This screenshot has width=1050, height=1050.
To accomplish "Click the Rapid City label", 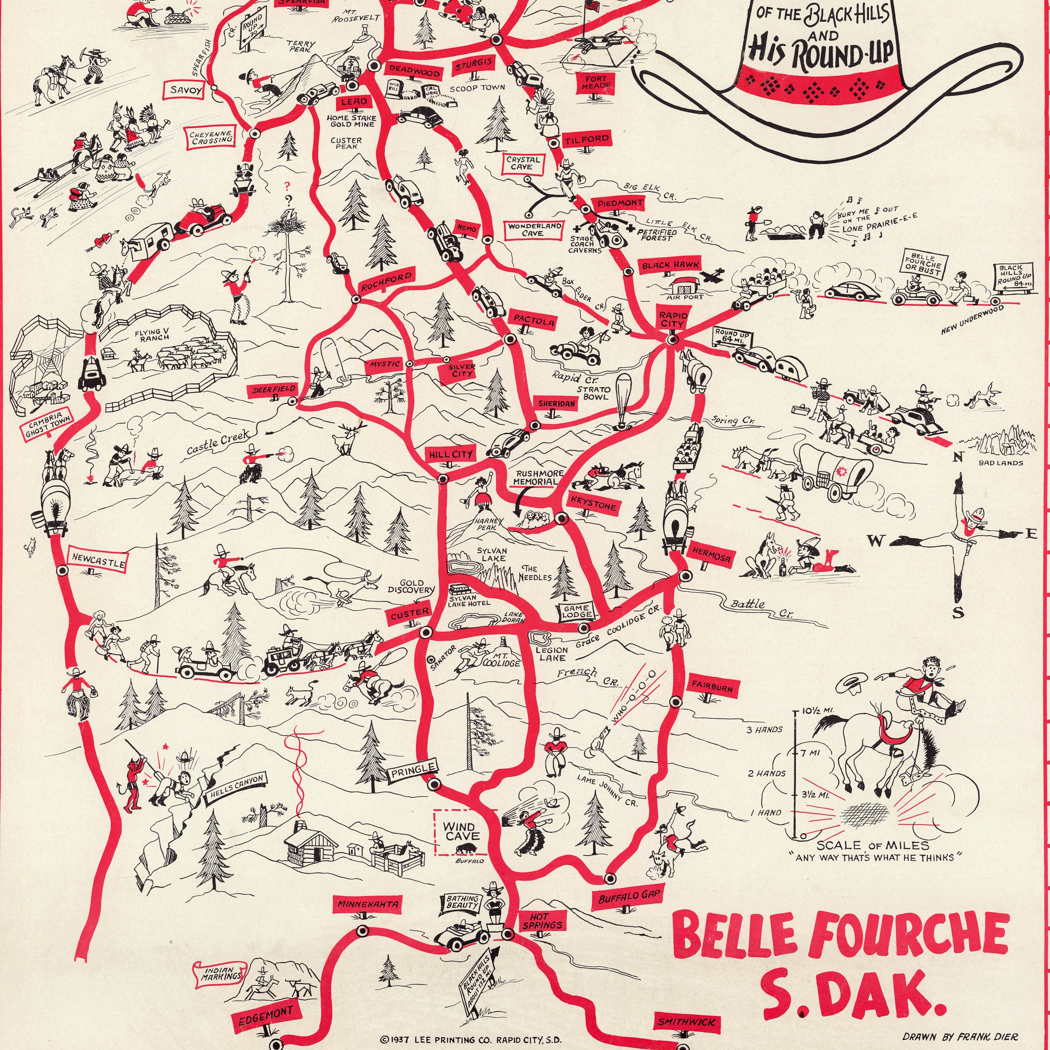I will click(x=673, y=320).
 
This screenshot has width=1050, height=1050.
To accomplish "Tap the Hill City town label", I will click(x=450, y=454).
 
